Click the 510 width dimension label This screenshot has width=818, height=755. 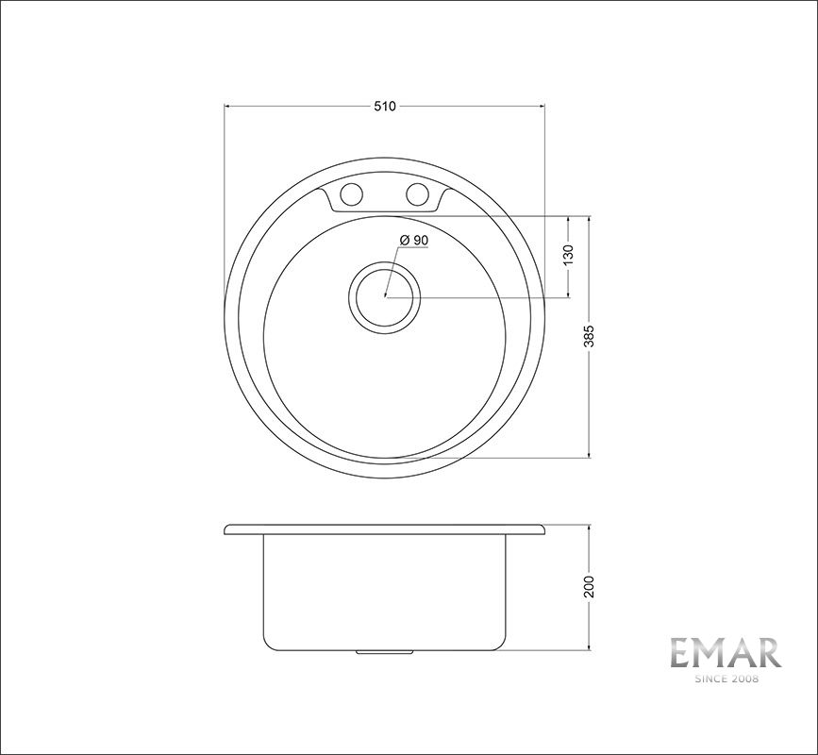point(385,106)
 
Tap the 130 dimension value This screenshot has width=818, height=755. point(569,255)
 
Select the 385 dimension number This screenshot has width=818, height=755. point(589,337)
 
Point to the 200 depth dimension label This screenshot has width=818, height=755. point(589,587)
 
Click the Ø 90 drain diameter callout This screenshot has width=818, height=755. point(414,240)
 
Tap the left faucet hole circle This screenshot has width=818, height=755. point(351,194)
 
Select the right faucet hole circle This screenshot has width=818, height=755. point(417,194)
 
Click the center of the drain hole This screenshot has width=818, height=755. point(385,297)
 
